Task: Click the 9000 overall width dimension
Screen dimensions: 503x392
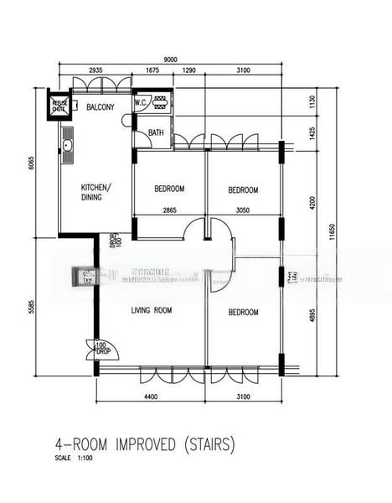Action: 170,60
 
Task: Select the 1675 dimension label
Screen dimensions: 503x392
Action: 152,71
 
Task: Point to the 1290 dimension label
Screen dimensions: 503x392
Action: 188,71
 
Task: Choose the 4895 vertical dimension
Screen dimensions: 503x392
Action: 312,320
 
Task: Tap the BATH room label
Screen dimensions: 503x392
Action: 156,132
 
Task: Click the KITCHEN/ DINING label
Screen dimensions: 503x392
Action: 94,191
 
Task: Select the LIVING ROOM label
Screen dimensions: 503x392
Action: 151,311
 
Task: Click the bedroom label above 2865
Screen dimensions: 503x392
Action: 169,189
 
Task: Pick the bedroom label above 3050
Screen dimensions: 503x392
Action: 243,190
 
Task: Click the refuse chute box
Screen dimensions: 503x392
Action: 59,106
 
